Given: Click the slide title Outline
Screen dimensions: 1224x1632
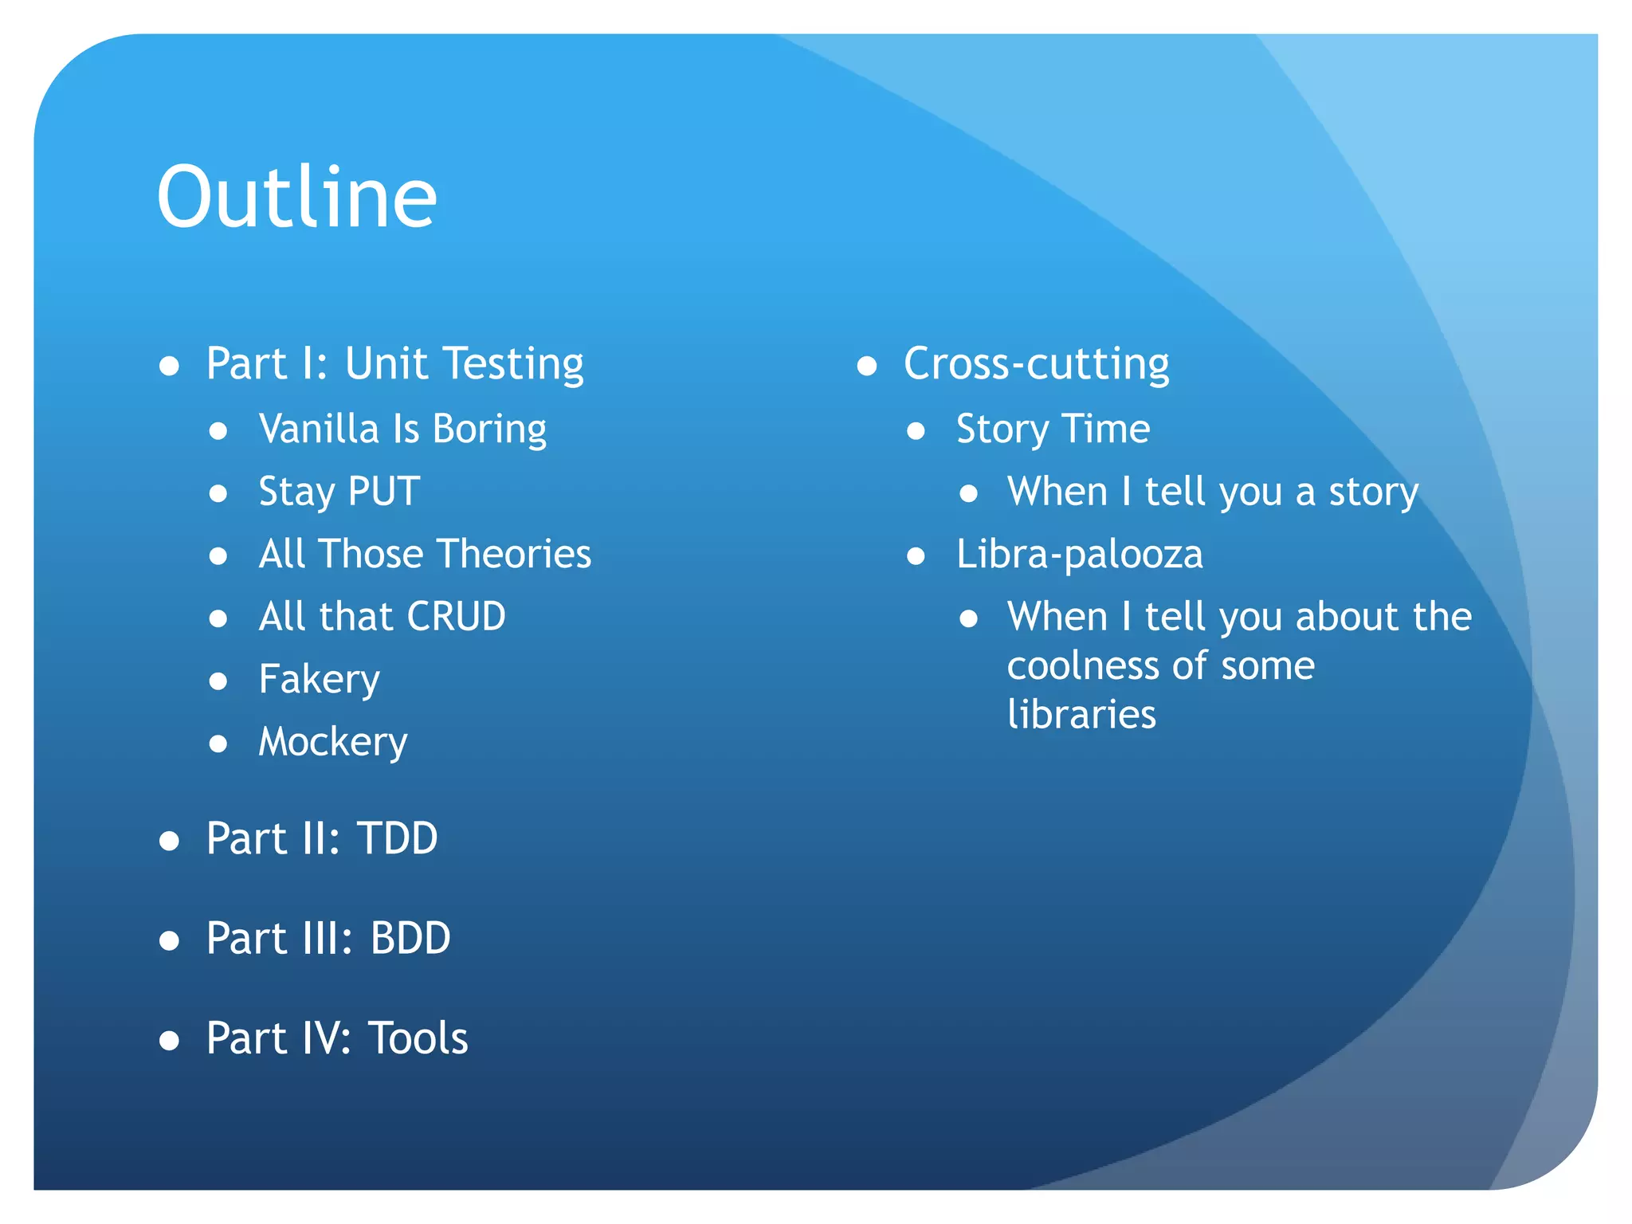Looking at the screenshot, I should [x=296, y=198].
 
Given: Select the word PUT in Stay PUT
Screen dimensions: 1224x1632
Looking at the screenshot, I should [x=384, y=492].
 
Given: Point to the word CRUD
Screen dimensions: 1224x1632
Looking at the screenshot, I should [x=456, y=617].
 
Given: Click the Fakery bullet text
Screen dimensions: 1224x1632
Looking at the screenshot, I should [x=319, y=680].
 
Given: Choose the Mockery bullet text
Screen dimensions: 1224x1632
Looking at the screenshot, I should [x=333, y=742].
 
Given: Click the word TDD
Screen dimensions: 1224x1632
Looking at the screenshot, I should [x=398, y=839].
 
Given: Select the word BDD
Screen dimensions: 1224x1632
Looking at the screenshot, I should [x=410, y=939].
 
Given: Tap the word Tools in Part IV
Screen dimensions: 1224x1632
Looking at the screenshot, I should [x=418, y=1038].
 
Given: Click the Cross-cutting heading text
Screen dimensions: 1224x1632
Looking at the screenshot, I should [x=1036, y=365].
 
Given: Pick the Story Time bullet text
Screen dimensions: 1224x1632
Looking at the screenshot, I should [x=1053, y=430].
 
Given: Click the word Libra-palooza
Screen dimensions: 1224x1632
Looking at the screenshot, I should [x=1079, y=555].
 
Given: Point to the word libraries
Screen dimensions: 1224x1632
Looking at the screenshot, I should [x=1081, y=715].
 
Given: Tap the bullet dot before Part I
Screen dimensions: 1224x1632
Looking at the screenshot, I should [x=169, y=367].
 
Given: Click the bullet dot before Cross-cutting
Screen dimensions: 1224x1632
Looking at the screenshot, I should [x=866, y=367].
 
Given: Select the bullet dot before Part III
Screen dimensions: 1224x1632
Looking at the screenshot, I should [x=169, y=941].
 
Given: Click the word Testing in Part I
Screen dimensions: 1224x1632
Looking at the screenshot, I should [x=513, y=365].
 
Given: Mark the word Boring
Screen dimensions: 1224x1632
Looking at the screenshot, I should [x=489, y=430].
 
